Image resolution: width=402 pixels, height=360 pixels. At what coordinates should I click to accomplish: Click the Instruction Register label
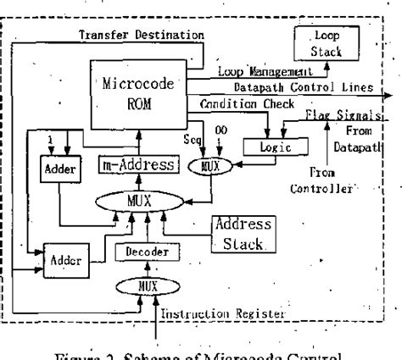tap(221, 313)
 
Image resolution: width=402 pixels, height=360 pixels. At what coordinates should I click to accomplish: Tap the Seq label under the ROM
tap(197, 137)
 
